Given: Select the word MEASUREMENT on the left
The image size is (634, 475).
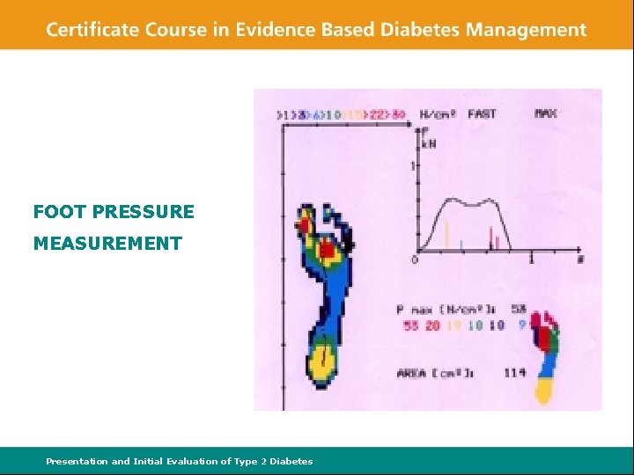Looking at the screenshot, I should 107,244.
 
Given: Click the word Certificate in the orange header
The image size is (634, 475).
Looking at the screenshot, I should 92,29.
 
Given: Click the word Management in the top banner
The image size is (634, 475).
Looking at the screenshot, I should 527,29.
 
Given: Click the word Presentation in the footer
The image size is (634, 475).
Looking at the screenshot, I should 77,461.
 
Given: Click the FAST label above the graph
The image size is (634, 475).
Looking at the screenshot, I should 482,113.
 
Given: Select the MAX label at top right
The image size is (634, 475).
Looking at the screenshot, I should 546,113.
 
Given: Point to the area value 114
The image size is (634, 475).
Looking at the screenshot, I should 515,373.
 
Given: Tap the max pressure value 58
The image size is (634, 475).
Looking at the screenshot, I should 519,309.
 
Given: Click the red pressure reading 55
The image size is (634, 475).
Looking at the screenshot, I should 410,325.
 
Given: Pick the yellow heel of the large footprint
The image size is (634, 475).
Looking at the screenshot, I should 323,362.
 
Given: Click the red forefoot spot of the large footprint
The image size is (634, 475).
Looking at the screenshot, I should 327,252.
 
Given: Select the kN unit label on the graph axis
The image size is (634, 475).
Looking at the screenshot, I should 429,143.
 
